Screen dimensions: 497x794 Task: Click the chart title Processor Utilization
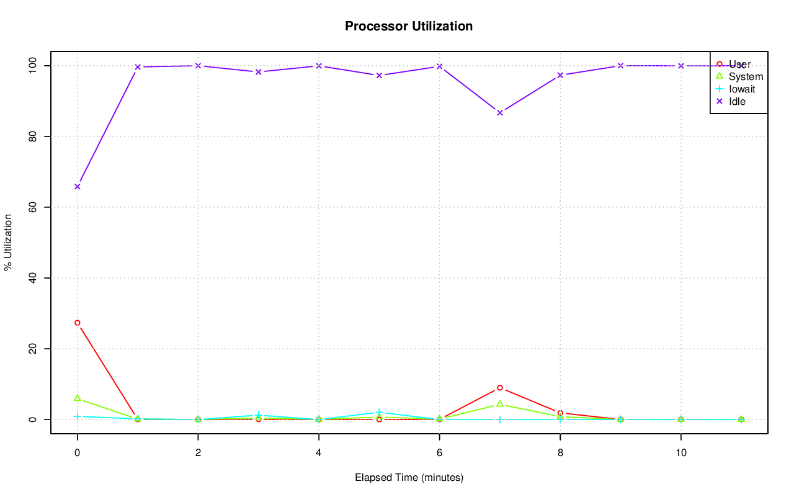tap(409, 26)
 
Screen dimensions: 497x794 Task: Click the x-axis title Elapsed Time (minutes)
tap(409, 478)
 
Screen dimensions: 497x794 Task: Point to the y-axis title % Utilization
tap(8, 243)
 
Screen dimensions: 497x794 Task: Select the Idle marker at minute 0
tap(78, 187)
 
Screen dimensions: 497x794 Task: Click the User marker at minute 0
tap(78, 323)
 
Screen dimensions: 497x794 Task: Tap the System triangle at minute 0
tap(78, 398)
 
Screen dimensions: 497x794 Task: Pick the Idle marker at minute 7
tap(500, 112)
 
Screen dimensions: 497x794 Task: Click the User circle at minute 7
tap(500, 388)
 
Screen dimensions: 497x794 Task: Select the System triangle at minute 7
tap(500, 404)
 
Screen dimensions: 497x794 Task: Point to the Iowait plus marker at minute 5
tap(379, 413)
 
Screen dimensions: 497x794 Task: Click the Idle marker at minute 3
tap(259, 72)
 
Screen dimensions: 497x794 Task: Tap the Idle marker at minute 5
tap(379, 75)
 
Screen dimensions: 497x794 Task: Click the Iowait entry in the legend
tap(742, 89)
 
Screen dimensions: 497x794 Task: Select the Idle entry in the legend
tap(737, 101)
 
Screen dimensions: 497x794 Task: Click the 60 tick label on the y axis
tap(33, 207)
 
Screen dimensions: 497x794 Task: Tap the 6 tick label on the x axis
tap(439, 454)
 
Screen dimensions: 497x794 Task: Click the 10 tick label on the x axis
tap(681, 454)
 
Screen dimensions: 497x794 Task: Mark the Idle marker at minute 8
tap(560, 75)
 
